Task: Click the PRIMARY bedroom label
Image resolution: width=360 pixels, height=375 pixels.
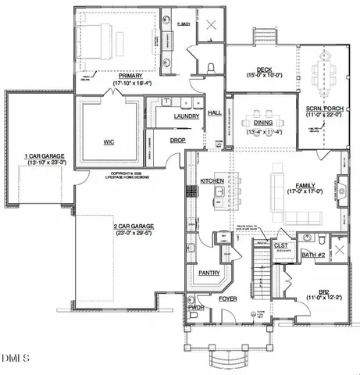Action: (109, 75)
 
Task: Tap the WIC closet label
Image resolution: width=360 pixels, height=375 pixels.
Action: (108, 143)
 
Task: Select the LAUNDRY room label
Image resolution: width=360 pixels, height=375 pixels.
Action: (187, 116)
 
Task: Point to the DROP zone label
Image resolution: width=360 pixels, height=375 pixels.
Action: (177, 141)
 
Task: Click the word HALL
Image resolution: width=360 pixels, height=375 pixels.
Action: (215, 113)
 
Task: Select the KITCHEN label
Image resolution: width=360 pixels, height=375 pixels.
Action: (212, 180)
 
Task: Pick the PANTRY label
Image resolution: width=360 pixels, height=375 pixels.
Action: (208, 273)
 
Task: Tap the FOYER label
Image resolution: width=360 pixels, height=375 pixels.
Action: (227, 298)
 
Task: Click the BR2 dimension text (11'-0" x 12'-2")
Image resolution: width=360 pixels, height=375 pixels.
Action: (322, 297)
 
